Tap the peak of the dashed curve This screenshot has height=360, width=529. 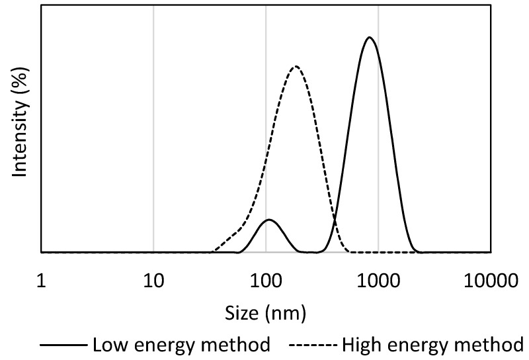point(296,66)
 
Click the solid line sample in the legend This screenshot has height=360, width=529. point(63,345)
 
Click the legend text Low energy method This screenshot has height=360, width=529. point(181,345)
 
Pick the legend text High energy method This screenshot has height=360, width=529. point(430,345)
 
